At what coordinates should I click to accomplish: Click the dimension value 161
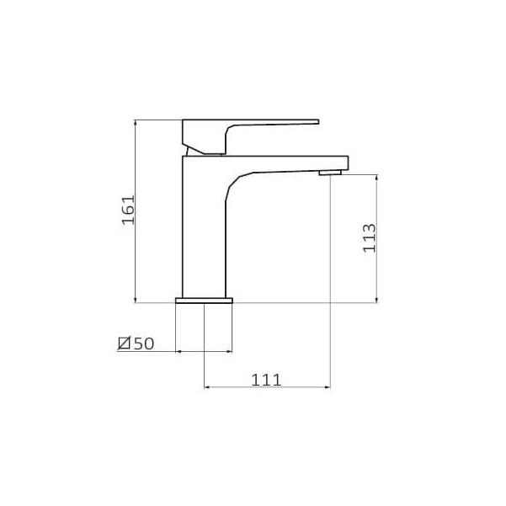tap(128, 210)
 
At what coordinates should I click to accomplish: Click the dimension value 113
tap(370, 237)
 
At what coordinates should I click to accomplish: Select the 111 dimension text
tap(266, 380)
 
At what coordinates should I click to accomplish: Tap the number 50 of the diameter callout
tap(144, 344)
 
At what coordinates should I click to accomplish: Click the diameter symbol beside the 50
tap(125, 343)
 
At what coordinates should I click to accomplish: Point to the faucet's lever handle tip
tap(317, 122)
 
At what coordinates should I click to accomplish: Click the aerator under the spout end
tap(330, 173)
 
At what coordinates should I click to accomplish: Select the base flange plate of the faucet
tap(204, 301)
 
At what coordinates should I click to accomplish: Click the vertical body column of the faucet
tap(204, 232)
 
